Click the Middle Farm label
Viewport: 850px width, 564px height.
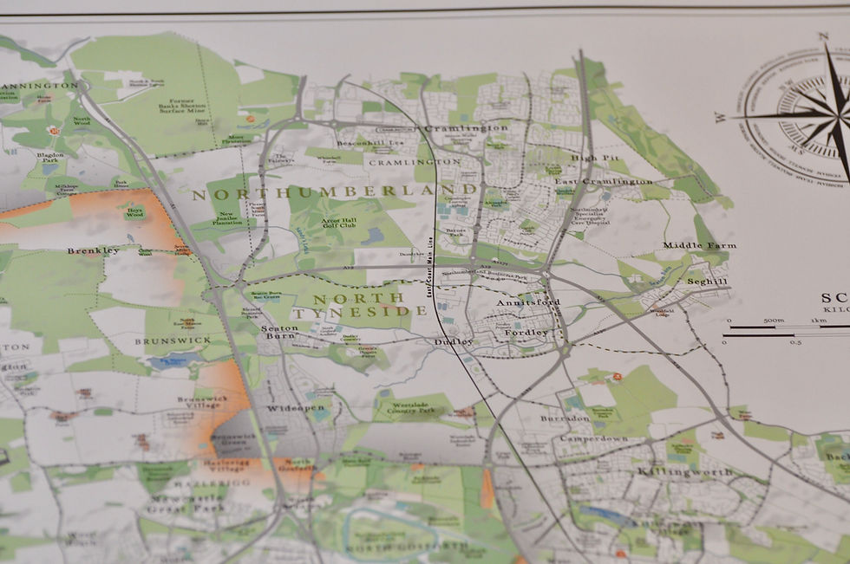pyautogui.click(x=699, y=245)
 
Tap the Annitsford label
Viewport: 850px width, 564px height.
pyautogui.click(x=529, y=302)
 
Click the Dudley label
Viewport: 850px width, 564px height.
pyautogui.click(x=454, y=342)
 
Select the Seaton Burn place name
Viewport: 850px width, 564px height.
pyautogui.click(x=279, y=332)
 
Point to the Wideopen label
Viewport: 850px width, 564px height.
pyautogui.click(x=296, y=407)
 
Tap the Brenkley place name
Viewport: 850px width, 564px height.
pyautogui.click(x=93, y=250)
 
